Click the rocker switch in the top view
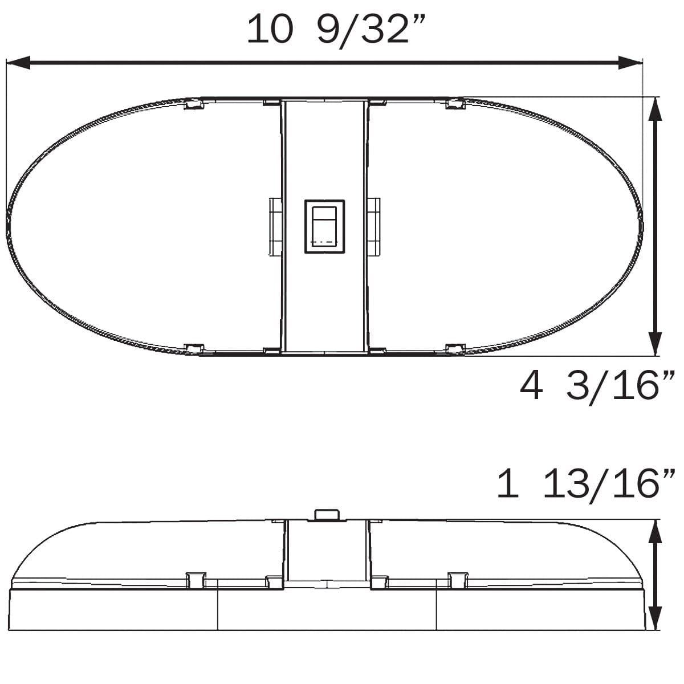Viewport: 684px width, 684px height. point(324,226)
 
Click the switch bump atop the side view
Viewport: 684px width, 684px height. point(327,514)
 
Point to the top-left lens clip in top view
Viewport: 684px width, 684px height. point(194,104)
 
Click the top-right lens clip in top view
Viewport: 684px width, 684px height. point(455,104)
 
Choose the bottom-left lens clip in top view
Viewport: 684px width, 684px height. point(194,348)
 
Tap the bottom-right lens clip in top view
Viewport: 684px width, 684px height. point(455,348)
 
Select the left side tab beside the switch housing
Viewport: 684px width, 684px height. point(275,227)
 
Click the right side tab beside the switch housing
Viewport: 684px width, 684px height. point(374,227)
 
